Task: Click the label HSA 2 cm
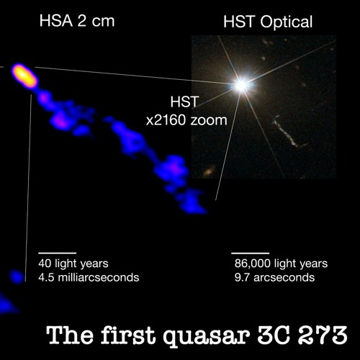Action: [x=76, y=20]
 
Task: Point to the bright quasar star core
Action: [x=240, y=85]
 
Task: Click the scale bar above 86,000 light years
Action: [x=249, y=253]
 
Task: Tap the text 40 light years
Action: [x=73, y=264]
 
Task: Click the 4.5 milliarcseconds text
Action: [x=89, y=277]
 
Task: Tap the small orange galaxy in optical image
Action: [x=210, y=171]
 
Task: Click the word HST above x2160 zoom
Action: [x=181, y=103]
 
